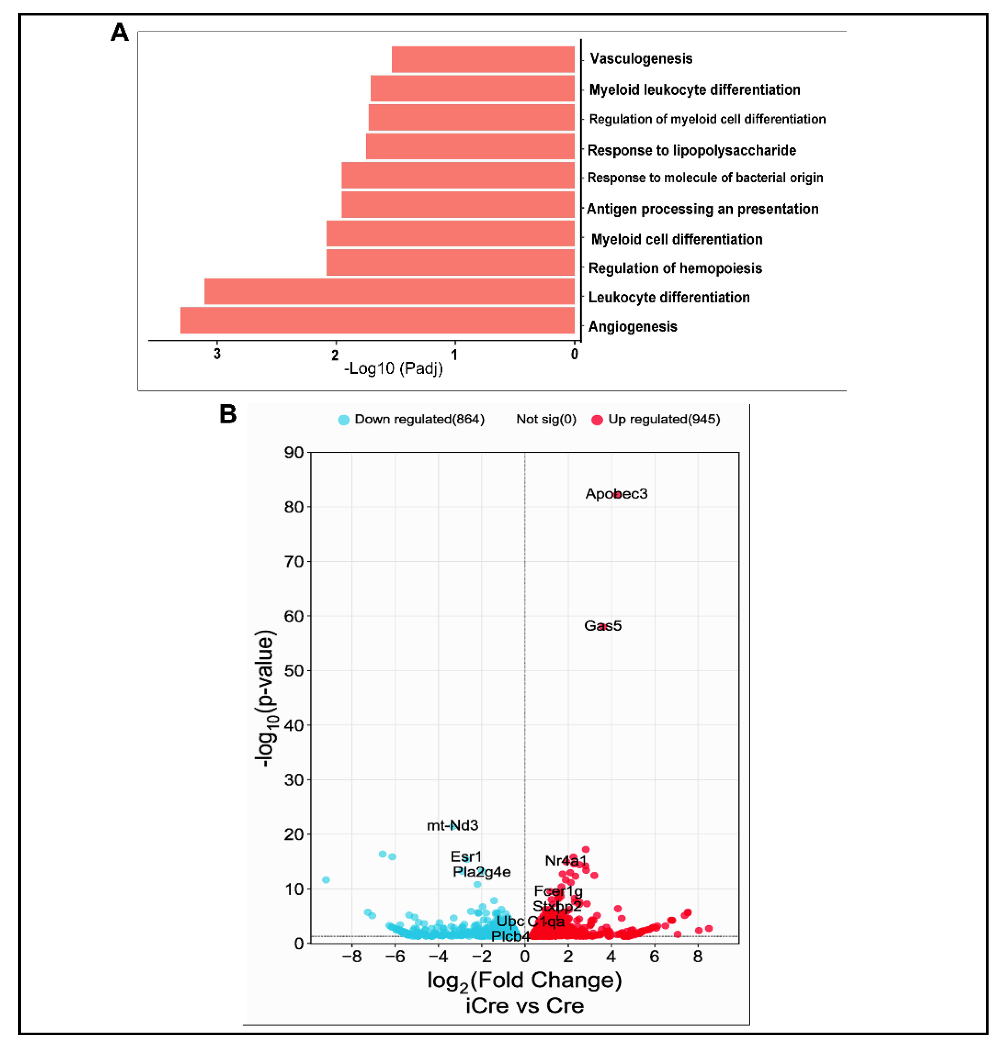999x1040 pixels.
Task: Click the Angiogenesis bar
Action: click(377, 320)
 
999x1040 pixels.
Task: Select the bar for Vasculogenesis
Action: click(483, 59)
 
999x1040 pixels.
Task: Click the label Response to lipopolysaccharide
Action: click(691, 150)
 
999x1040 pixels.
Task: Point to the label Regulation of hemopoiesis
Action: click(675, 268)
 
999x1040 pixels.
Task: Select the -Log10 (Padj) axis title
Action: click(393, 368)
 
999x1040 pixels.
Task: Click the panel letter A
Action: click(119, 33)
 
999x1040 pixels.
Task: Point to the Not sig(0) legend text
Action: click(546, 419)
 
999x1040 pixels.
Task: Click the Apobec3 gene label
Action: click(616, 493)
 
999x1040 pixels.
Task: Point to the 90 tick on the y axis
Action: click(294, 453)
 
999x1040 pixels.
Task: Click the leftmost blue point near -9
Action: click(326, 880)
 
